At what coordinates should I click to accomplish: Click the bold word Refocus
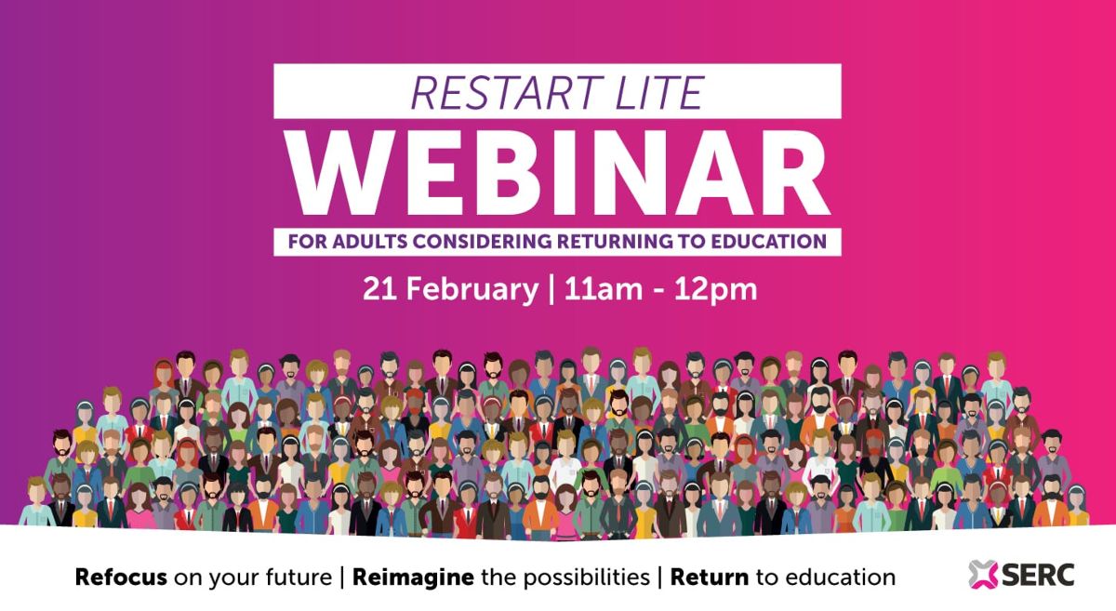point(121,578)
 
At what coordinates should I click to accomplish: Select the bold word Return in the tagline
point(710,578)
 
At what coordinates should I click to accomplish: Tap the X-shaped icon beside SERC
point(981,575)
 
